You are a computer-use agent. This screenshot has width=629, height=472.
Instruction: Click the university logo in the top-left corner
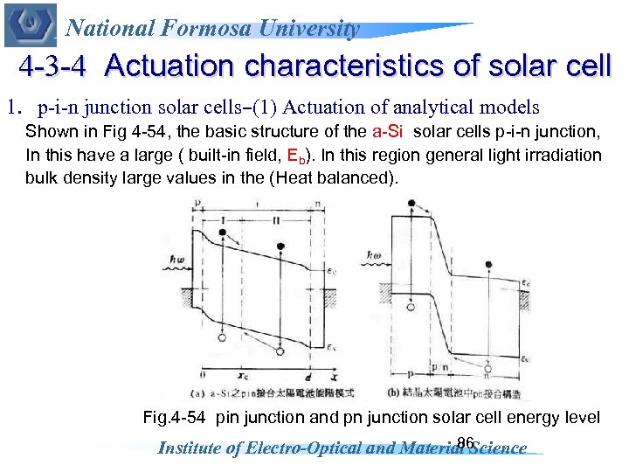pyautogui.click(x=29, y=24)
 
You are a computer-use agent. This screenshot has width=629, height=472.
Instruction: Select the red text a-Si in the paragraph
pyautogui.click(x=390, y=133)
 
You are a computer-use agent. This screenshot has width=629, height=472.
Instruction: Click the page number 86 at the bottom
pyautogui.click(x=465, y=443)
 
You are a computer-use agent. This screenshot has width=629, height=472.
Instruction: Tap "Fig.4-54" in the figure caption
pyautogui.click(x=175, y=418)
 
